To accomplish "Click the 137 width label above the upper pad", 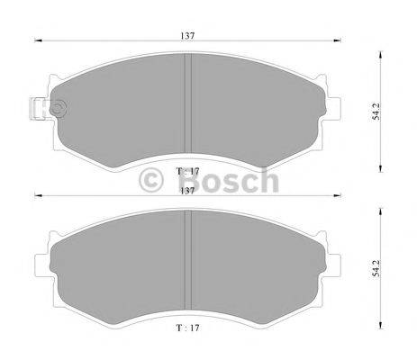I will click(187, 35).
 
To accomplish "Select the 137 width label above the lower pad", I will click(187, 190).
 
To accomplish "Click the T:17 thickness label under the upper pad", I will click(186, 171).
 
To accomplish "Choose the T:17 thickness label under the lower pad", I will click(186, 329).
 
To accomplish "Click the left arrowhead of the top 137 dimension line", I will click(38, 42).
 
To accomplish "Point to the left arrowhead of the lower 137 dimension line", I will click(38, 197).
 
